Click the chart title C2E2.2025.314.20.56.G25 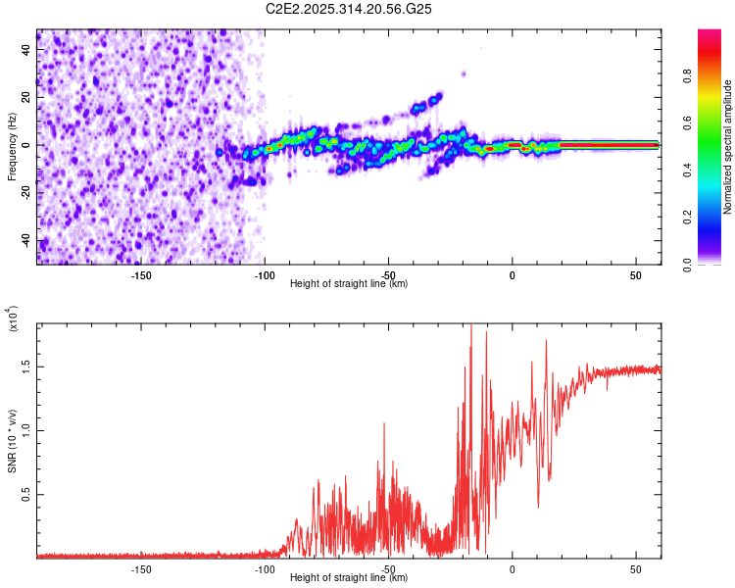(x=349, y=9)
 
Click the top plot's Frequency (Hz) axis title (x=12, y=147)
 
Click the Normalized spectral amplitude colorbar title (x=728, y=147)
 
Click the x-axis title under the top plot (x=349, y=283)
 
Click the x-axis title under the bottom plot (x=349, y=578)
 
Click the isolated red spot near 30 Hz (x=465, y=73)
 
